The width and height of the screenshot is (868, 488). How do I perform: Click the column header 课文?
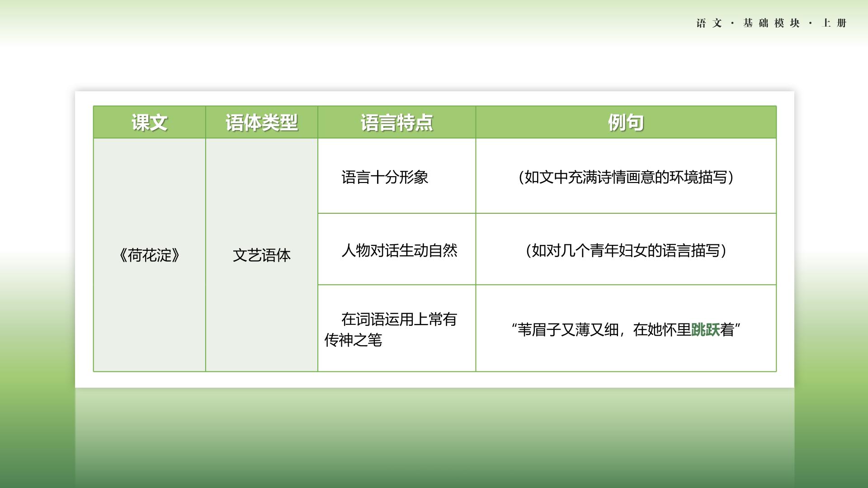click(149, 122)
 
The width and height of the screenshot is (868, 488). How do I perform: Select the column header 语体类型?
click(262, 122)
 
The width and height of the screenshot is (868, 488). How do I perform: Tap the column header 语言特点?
click(396, 122)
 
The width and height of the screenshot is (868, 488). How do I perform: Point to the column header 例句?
click(626, 122)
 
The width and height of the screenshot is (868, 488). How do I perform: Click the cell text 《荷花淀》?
click(149, 255)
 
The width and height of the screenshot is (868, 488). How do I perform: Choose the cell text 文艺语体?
click(262, 255)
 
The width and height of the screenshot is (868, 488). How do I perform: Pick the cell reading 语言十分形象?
click(385, 177)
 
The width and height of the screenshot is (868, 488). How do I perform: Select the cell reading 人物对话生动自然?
click(400, 250)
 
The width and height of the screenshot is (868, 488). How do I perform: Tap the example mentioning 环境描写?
click(626, 177)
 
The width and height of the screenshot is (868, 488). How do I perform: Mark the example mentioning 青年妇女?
click(626, 250)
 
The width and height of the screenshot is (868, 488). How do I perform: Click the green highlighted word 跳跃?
click(706, 329)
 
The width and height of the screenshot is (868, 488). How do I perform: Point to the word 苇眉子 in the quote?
click(539, 329)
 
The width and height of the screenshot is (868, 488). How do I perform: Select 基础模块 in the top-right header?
click(771, 23)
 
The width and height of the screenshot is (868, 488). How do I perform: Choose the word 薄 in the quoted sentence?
click(582, 329)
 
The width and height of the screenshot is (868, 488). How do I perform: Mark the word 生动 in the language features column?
click(414, 250)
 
